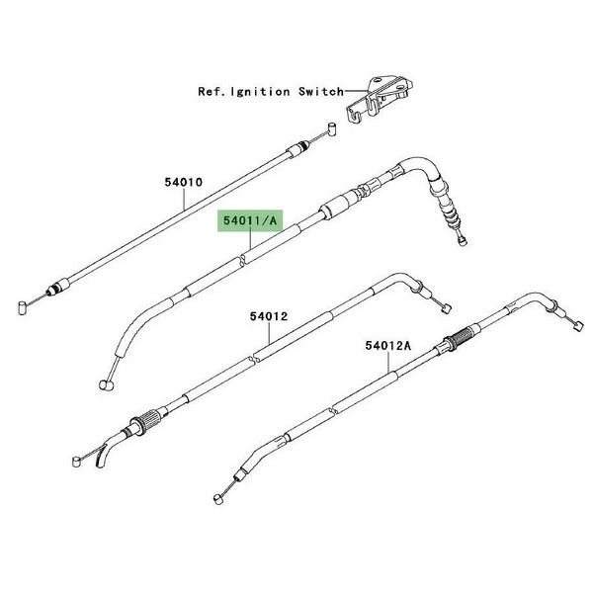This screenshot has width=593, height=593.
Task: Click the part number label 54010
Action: [184, 182]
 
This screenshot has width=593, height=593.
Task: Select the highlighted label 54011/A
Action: [250, 220]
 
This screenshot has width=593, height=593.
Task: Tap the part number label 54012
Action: [269, 316]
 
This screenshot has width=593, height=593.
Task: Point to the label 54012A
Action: [388, 346]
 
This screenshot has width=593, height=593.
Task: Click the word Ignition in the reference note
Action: [260, 92]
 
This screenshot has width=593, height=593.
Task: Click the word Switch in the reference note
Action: [321, 92]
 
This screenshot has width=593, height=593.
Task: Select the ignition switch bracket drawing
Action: [380, 99]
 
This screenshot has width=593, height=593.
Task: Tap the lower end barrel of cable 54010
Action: [23, 307]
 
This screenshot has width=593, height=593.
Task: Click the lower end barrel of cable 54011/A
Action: [106, 385]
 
